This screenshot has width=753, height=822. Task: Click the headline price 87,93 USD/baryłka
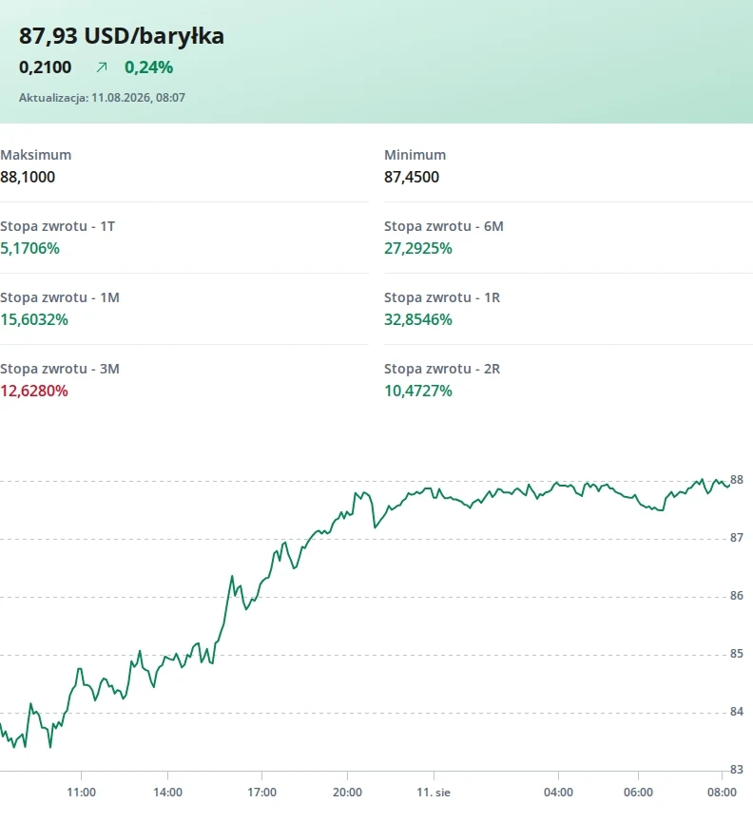point(122,36)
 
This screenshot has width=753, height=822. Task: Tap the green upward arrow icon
point(102,67)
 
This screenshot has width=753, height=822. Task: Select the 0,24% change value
point(149,67)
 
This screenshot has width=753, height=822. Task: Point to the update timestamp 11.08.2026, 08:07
point(139,98)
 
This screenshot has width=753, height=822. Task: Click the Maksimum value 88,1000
point(28,177)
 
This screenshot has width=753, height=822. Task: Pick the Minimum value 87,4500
point(412,177)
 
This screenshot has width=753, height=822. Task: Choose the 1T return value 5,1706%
point(29,248)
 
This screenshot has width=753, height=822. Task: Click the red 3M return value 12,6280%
point(34,392)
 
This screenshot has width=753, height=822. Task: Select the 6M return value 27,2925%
point(418,248)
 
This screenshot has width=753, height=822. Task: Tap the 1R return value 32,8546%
point(418,320)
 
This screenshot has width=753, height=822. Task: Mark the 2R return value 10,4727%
point(418,392)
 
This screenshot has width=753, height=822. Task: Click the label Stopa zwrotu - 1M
point(60,297)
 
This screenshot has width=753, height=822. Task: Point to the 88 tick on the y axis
point(737,480)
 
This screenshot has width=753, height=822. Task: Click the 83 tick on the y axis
point(737,769)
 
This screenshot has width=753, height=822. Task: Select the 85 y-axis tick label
point(737,653)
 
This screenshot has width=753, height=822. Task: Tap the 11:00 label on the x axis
point(81,793)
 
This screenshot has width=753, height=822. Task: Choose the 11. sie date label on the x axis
point(434,793)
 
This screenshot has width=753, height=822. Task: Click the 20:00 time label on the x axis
point(347,793)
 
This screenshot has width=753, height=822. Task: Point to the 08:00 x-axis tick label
point(722,793)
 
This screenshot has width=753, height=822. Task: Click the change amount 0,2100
point(45,67)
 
